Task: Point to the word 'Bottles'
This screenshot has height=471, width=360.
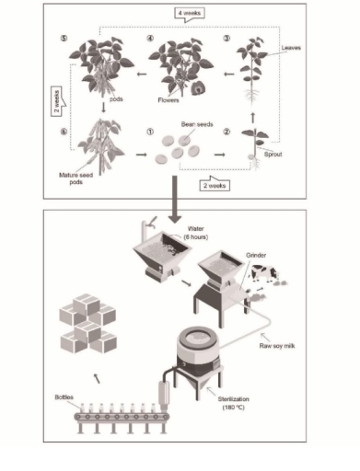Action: tap(67, 396)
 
